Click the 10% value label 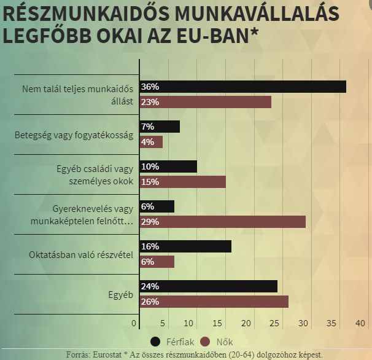click(150, 166)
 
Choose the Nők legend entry click(218, 342)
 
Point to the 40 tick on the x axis click(360, 323)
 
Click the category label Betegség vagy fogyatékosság click(74, 135)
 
